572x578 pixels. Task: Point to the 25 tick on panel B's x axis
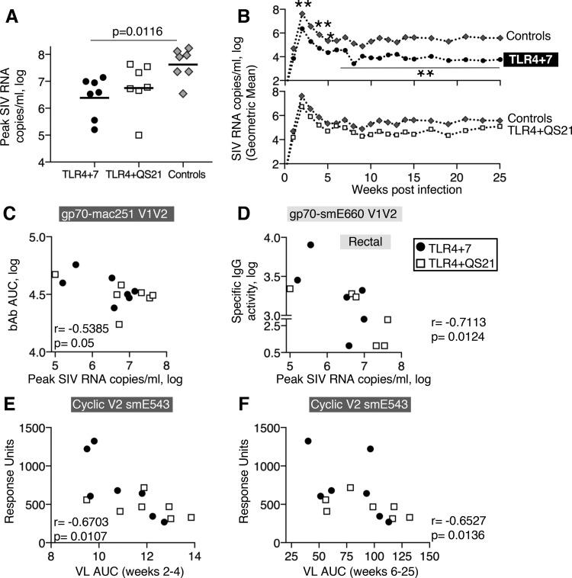pyautogui.click(x=500, y=177)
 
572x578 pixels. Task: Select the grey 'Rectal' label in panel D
pyautogui.click(x=365, y=242)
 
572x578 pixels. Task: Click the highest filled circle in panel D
pyautogui.click(x=310, y=245)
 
